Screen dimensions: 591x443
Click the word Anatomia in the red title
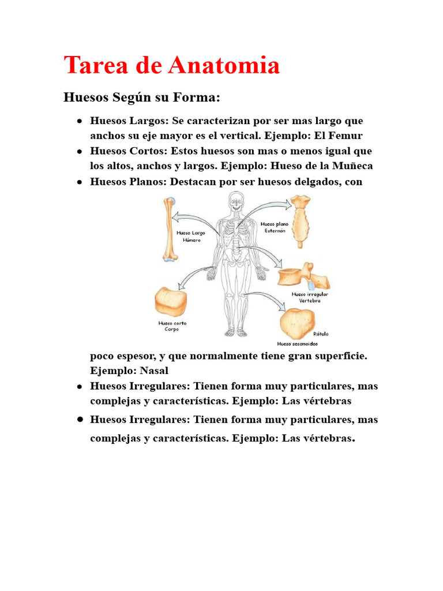224,65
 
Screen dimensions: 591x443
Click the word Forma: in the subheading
196,97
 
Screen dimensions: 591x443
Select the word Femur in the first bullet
346,136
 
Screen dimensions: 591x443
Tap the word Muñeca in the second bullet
352,166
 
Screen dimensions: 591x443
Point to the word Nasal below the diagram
154,371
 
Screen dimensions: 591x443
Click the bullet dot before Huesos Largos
78,122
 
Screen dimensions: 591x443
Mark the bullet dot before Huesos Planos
78,182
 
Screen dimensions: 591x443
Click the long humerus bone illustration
168,229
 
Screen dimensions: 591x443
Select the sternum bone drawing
299,221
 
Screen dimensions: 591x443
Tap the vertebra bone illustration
303,276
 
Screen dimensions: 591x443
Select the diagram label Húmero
192,240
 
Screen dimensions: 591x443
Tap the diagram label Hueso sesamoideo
297,343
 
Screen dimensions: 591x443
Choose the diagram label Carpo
172,330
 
